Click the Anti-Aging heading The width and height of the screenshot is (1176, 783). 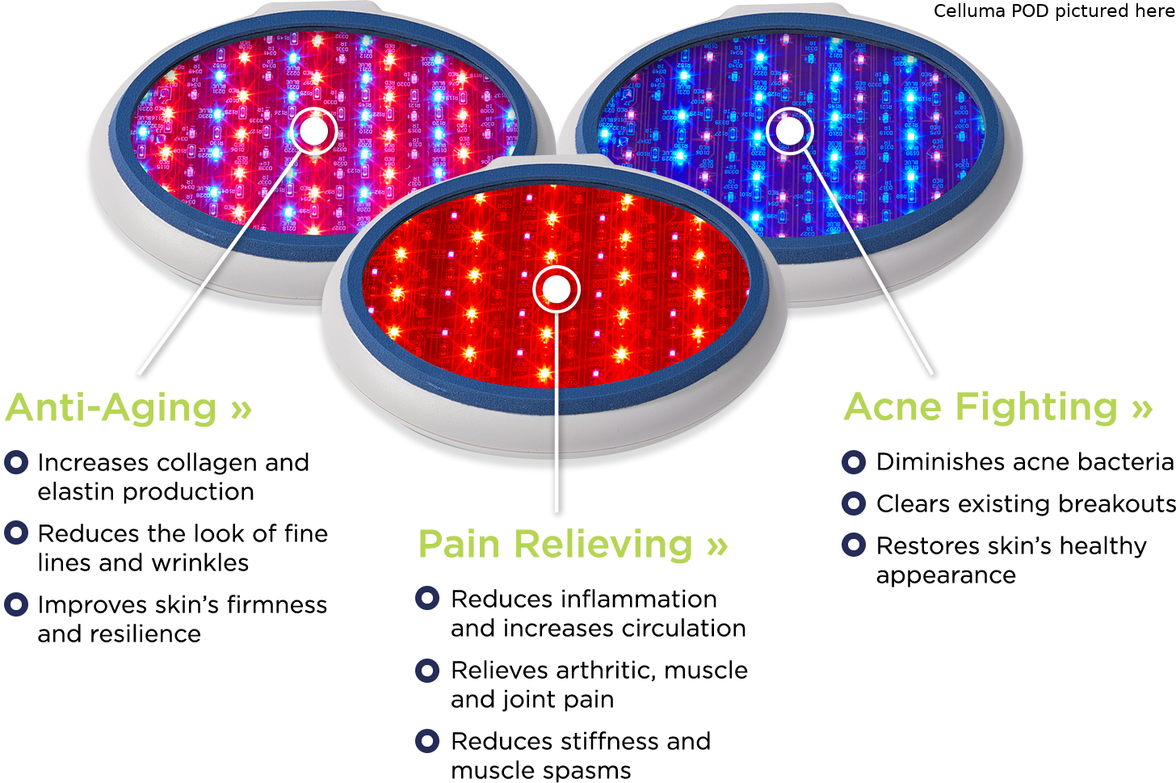pos(112,408)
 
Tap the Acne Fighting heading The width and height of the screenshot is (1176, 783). pos(981,406)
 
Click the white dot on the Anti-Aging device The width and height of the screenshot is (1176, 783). pos(313,130)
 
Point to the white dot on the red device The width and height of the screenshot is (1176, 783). pos(556,289)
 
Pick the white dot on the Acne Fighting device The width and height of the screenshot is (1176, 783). pos(789,129)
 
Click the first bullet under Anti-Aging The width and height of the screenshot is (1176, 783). pos(16,462)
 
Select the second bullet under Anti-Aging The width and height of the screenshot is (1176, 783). pos(16,533)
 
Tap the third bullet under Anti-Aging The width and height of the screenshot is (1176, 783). pos(16,604)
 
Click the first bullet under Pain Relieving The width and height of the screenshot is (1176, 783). pos(427,598)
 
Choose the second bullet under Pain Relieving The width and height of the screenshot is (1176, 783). pos(427,670)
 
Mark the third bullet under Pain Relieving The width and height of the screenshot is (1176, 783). pos(427,740)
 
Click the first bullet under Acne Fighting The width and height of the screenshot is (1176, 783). pos(854,462)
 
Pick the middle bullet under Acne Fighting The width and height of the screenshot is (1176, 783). pos(854,503)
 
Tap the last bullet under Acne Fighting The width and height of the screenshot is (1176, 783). pos(854,545)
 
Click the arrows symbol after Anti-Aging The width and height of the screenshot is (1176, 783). pos(241,410)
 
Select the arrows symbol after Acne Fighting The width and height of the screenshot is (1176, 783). pos(1141,408)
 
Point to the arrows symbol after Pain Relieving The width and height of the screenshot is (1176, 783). pos(716,546)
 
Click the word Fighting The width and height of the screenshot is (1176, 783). pos(1036,408)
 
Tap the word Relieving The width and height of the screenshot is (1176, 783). pos(603,545)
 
